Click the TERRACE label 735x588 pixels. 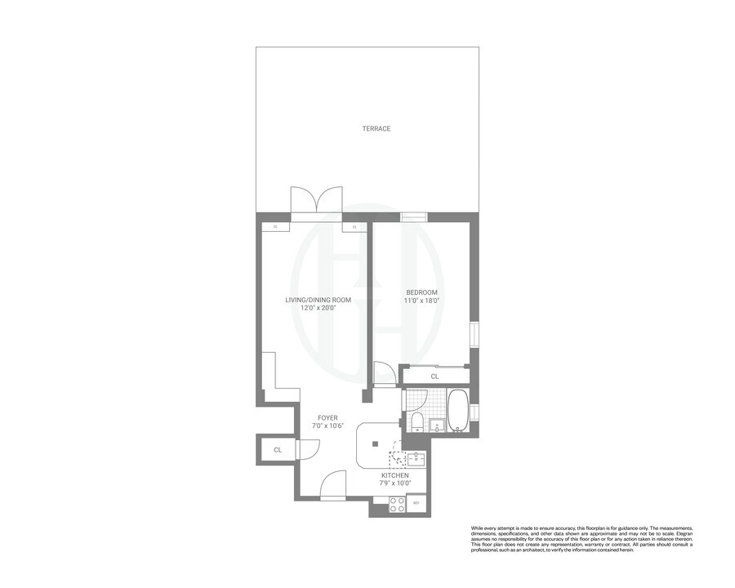point(376,128)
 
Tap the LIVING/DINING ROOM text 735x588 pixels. point(318,300)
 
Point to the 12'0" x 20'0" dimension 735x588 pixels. point(318,309)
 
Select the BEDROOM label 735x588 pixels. point(422,292)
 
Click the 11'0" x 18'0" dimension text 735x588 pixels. point(422,301)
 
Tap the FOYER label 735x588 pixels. point(328,417)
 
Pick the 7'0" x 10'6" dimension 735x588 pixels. point(328,426)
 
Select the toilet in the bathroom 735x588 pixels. point(416,421)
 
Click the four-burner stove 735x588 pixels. point(397,505)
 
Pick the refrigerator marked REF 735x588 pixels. point(416,503)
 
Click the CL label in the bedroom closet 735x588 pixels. point(434,376)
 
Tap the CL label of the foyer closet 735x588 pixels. point(278,450)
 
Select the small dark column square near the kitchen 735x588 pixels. point(375,444)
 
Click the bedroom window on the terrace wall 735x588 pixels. point(413,217)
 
